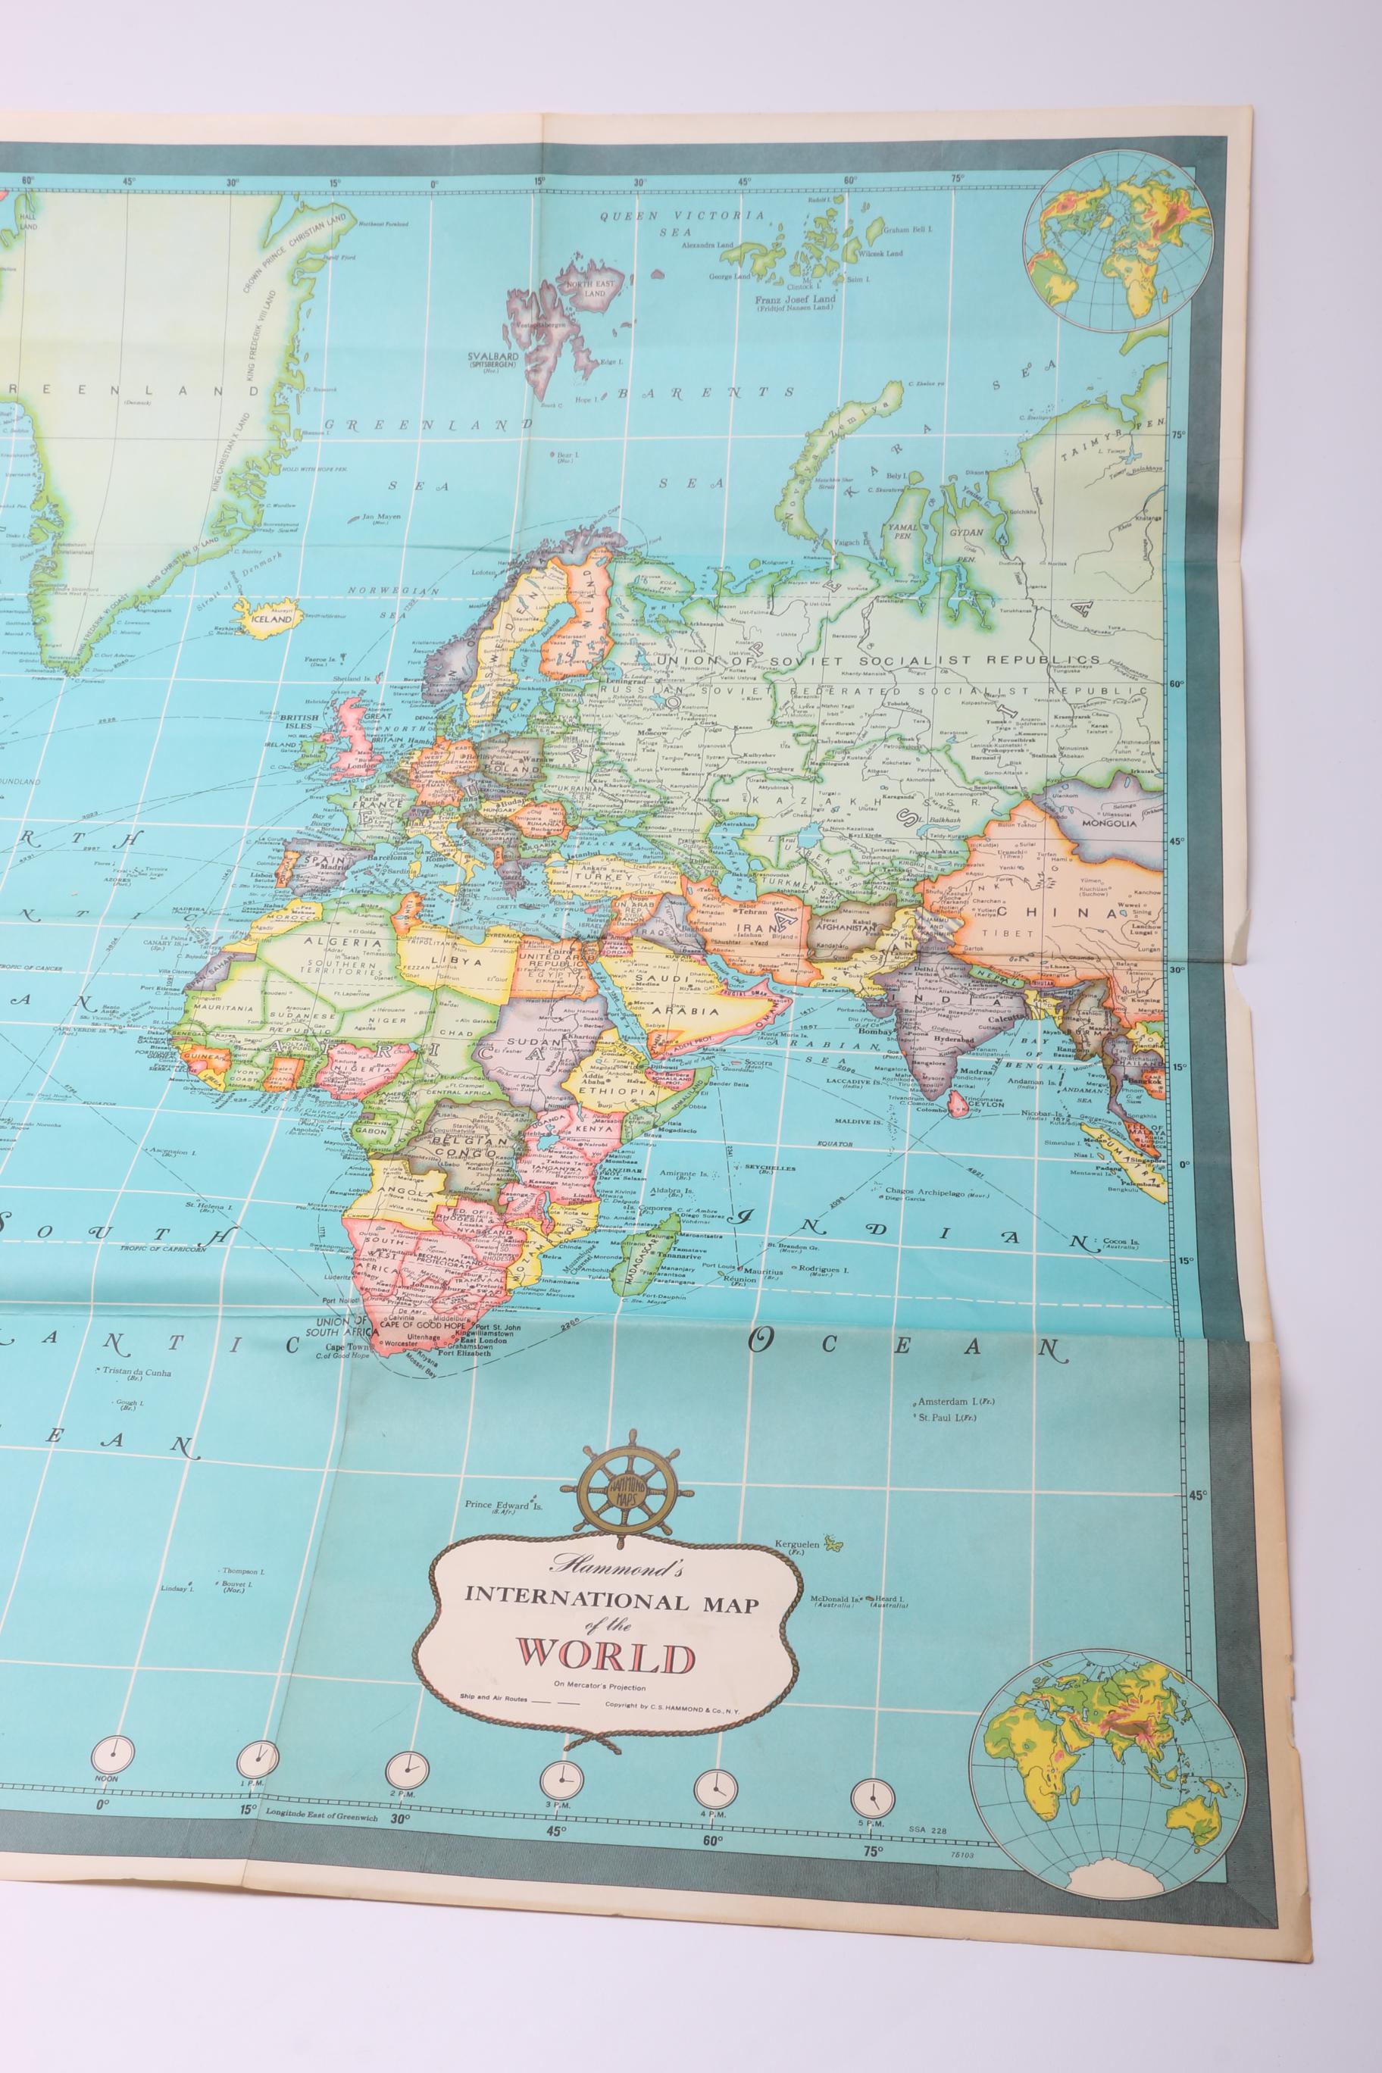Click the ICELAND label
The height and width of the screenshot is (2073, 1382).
(270, 620)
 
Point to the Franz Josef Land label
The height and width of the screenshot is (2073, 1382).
(794, 299)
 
